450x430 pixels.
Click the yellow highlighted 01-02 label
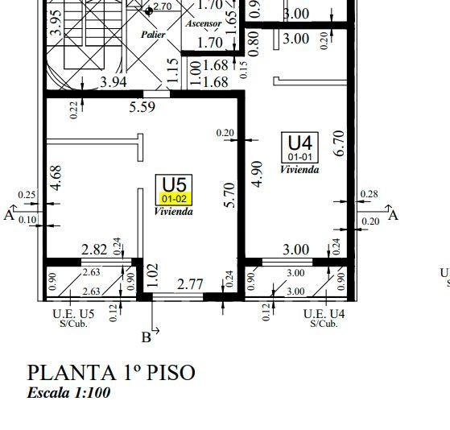[x=174, y=199]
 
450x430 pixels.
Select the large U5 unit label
[x=175, y=184]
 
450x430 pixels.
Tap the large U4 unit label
[x=300, y=143]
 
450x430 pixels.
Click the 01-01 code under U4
[x=300, y=157]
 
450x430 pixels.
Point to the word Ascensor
[x=204, y=23]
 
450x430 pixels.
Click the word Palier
[x=153, y=35]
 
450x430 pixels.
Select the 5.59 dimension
[x=142, y=107]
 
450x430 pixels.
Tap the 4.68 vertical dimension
[x=56, y=178]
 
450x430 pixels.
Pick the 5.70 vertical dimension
[x=230, y=195]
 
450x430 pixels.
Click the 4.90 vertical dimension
[x=258, y=174]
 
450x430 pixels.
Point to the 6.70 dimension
[x=339, y=143]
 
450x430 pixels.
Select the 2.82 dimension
[x=94, y=250]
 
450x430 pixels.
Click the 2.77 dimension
[x=190, y=284]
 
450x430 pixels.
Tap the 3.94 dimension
[x=114, y=82]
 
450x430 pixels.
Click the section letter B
[x=147, y=337]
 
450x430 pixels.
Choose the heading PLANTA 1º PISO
[x=111, y=373]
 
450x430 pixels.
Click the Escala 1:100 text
[x=68, y=393]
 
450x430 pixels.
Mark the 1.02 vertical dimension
[x=153, y=275]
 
